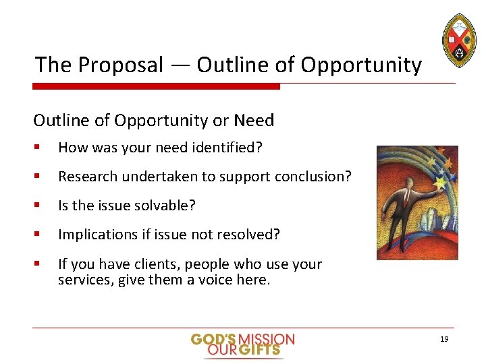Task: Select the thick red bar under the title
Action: tap(156, 86)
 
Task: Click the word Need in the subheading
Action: tap(254, 121)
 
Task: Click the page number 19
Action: tap(443, 339)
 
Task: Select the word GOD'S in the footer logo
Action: tap(213, 339)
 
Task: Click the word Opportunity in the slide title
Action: tap(361, 65)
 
